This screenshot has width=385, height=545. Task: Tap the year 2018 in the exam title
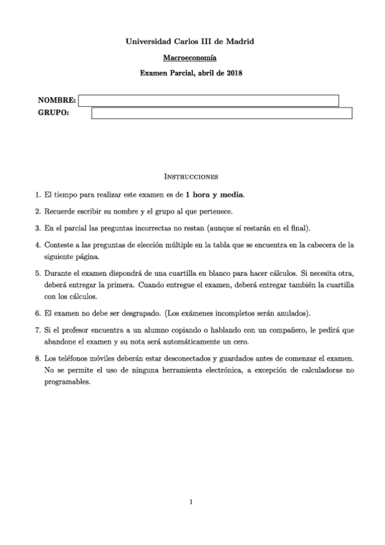coord(233,73)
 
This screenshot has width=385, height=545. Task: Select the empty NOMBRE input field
coord(208,100)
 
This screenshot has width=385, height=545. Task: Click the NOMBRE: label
coord(57,101)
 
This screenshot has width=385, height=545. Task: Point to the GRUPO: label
coord(54,114)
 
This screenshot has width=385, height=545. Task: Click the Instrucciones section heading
coord(192,175)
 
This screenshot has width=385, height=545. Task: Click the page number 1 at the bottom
coord(192,502)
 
